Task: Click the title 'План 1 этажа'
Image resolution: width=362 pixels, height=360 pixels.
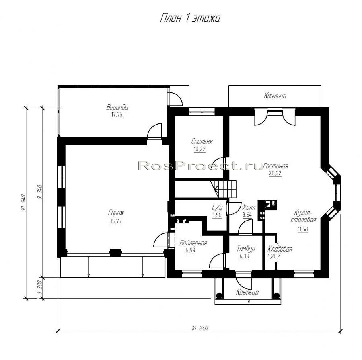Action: tap(190, 18)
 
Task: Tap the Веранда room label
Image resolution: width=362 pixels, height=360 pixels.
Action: tap(117, 107)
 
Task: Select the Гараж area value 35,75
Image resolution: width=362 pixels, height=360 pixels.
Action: tap(115, 221)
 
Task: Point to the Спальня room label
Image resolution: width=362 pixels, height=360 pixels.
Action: tap(202, 141)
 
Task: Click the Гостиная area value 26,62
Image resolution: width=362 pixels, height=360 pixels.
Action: tap(275, 173)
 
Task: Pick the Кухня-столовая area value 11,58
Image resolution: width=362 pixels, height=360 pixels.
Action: tap(302, 229)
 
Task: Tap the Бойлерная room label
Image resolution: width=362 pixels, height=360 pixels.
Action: tap(193, 243)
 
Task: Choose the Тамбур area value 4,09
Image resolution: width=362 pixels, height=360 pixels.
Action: tap(245, 256)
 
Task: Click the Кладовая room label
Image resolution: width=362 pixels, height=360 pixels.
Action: tap(280, 249)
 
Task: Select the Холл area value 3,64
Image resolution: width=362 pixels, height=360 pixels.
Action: tap(247, 215)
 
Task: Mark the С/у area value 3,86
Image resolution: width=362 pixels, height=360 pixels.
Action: tap(217, 215)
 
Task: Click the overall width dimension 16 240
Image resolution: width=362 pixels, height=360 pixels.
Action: tap(200, 328)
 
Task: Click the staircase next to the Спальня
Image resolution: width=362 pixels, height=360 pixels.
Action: tap(224, 189)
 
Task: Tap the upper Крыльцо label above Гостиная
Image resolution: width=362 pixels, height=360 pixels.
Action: tap(275, 96)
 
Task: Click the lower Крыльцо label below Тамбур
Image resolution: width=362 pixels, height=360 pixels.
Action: tap(247, 292)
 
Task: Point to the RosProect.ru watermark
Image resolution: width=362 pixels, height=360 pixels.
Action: tap(201, 166)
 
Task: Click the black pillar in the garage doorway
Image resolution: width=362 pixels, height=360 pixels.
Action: tap(115, 252)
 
